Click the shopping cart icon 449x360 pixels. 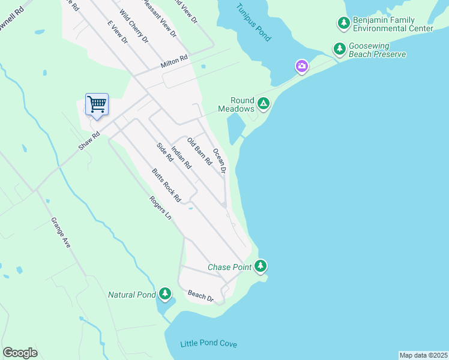pyautogui.click(x=97, y=105)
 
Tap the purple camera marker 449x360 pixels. pyautogui.click(x=301, y=65)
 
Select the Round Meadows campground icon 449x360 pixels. pyautogui.click(x=263, y=105)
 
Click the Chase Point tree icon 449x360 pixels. pyautogui.click(x=260, y=266)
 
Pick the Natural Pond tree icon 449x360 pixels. pyautogui.click(x=165, y=294)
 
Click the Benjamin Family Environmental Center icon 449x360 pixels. pyautogui.click(x=343, y=23)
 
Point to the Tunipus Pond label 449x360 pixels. pyautogui.click(x=253, y=22)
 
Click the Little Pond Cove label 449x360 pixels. pyautogui.click(x=209, y=344)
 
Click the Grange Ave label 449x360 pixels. pyautogui.click(x=61, y=232)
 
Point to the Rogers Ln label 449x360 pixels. pyautogui.click(x=161, y=208)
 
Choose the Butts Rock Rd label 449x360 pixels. pyautogui.click(x=166, y=184)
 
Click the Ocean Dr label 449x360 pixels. pyautogui.click(x=219, y=161)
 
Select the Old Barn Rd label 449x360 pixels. pyautogui.click(x=200, y=152)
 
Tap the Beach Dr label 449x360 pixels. pyautogui.click(x=201, y=295)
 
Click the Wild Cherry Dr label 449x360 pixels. pyautogui.click(x=133, y=26)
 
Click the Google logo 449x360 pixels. pyautogui.click(x=20, y=353)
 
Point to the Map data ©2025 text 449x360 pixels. pyautogui.click(x=423, y=355)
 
